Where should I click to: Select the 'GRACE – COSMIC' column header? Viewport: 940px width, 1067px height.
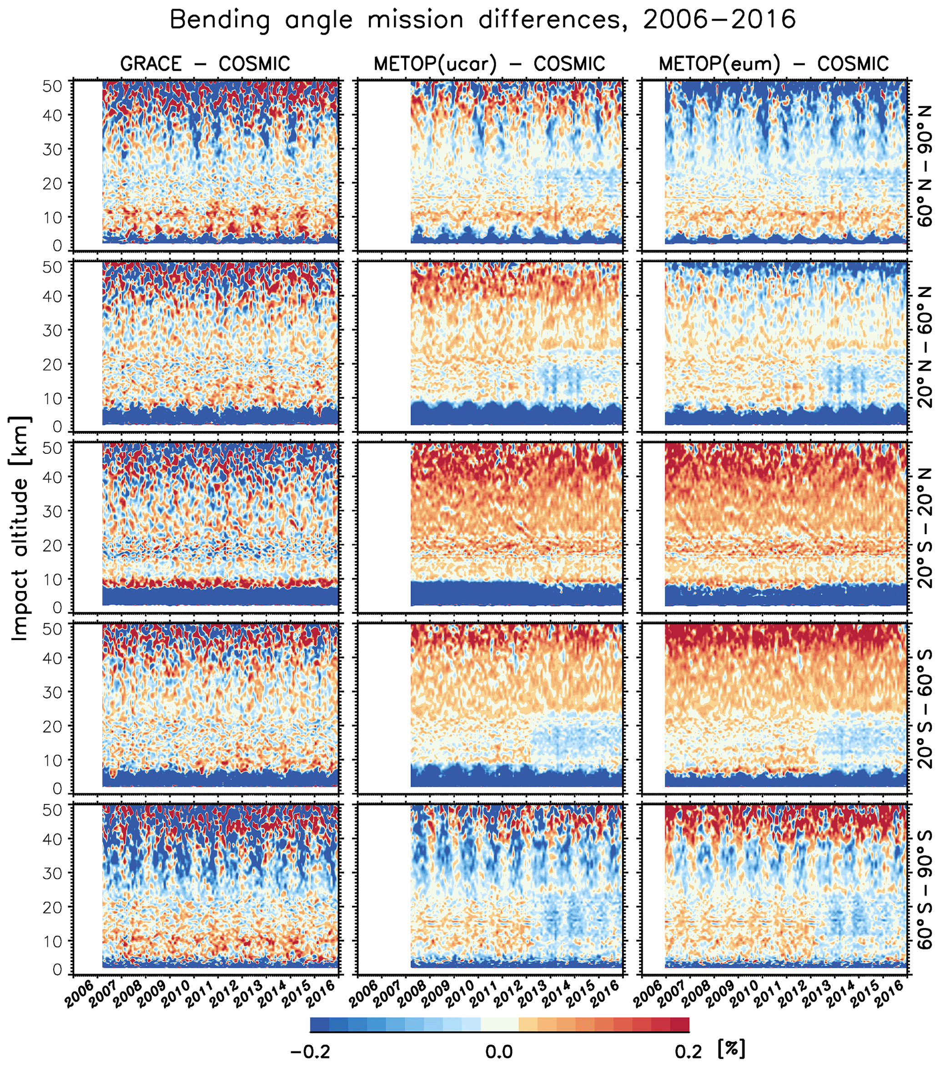coord(205,64)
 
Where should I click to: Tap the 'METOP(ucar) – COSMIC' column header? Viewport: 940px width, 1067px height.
coord(489,64)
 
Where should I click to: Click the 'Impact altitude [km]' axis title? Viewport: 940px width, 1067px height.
coord(20,529)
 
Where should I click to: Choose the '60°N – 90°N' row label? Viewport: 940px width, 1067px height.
coord(925,166)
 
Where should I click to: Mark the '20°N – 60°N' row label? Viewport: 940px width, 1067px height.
coord(925,347)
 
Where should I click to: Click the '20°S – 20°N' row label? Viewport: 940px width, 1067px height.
coord(925,528)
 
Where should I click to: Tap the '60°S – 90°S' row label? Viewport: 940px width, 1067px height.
coord(925,889)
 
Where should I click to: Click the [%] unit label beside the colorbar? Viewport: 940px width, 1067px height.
coord(732,1049)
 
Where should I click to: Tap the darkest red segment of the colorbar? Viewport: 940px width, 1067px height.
coord(679,1025)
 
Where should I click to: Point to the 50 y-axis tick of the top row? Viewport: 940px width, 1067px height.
coord(53,85)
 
